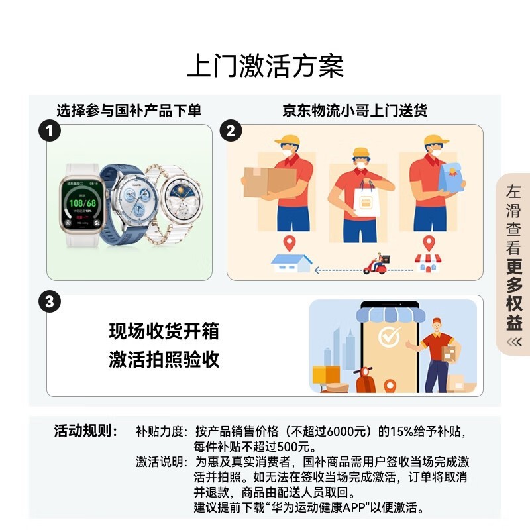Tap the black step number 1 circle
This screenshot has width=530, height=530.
click(48, 131)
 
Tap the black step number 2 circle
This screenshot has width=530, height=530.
click(230, 131)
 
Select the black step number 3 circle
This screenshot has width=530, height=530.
click(48, 302)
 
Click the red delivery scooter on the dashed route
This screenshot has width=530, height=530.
click(377, 264)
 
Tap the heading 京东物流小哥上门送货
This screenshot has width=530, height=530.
click(354, 111)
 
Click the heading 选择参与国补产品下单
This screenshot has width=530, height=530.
click(129, 111)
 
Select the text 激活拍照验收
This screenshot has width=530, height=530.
click(164, 360)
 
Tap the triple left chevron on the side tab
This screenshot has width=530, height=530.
click(514, 342)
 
